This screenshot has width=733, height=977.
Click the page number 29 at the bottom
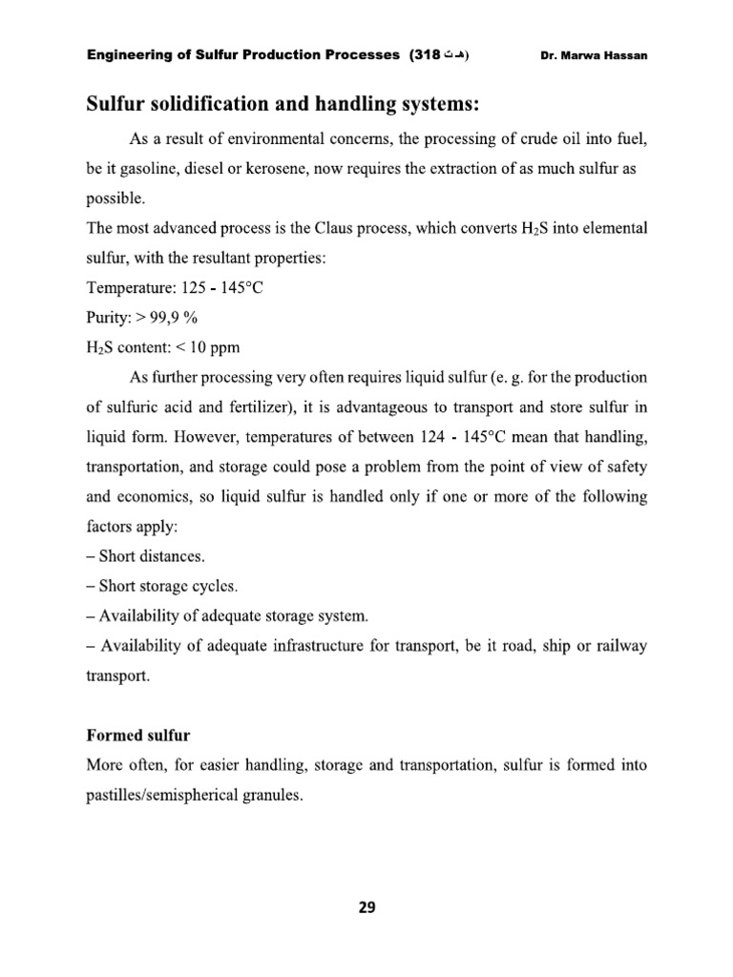366,907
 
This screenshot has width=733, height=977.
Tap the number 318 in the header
425,55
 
